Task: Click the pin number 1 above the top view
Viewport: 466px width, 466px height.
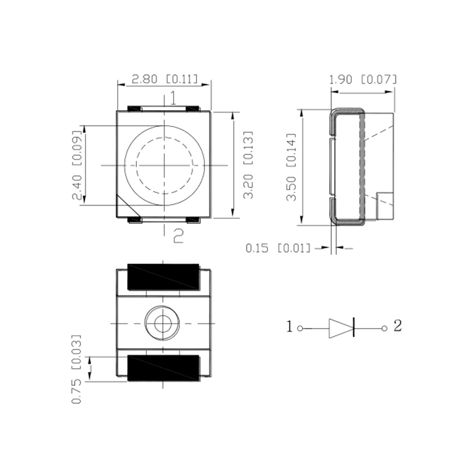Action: pos(172,98)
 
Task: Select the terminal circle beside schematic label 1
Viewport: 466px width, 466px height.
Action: pos(300,328)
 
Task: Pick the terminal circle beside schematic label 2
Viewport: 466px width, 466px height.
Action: pos(384,328)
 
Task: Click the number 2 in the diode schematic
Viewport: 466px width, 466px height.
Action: pos(397,326)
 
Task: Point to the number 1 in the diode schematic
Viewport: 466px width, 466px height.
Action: pos(290,327)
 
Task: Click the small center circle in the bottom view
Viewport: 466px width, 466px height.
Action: pos(161,322)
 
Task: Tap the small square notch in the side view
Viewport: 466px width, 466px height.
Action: pos(386,206)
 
